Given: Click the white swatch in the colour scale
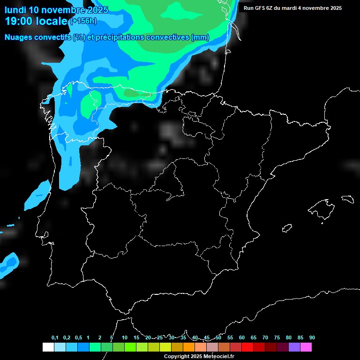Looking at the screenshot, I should pyautogui.click(x=48, y=347).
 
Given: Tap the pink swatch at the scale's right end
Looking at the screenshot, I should pyautogui.click(x=306, y=347).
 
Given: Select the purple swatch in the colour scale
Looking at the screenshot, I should pyautogui.click(x=294, y=347).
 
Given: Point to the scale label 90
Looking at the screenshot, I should pyautogui.click(x=312, y=338).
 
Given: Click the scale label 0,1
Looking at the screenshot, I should pyautogui.click(x=55, y=338).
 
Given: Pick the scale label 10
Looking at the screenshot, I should pyautogui.click(x=125, y=338).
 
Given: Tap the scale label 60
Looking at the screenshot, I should pyautogui.click(x=242, y=338).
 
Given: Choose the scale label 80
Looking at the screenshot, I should pyautogui.click(x=289, y=338).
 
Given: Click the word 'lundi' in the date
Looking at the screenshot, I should pyautogui.click(x=15, y=10).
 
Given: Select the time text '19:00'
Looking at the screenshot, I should pyautogui.click(x=19, y=21).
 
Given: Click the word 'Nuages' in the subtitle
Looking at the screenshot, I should pyautogui.click(x=18, y=37).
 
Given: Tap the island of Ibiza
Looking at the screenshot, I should pyautogui.click(x=287, y=228).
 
